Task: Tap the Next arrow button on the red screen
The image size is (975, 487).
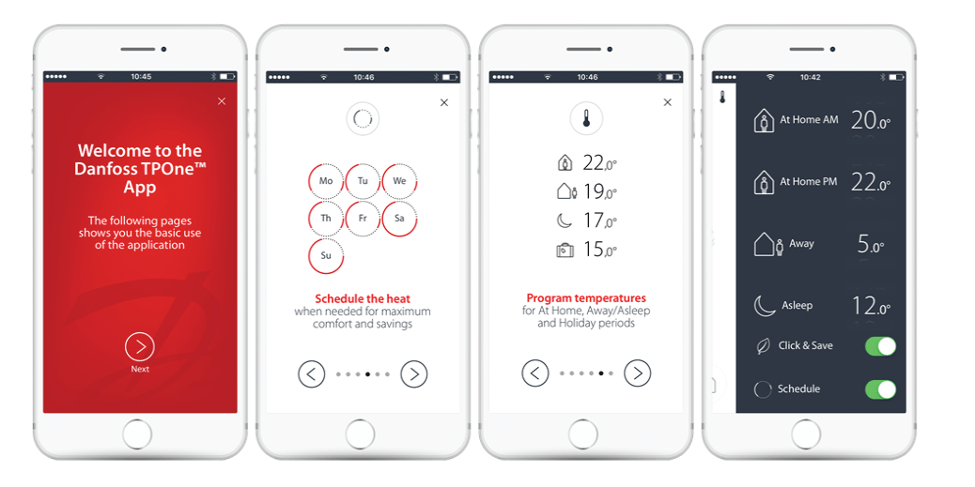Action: click(140, 346)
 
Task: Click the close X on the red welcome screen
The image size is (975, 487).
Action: click(222, 101)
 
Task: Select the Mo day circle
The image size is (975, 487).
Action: click(326, 181)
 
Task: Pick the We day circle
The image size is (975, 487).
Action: click(399, 181)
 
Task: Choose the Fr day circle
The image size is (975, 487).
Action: click(363, 219)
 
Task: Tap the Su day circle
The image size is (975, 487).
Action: click(326, 256)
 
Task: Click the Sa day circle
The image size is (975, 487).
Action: click(399, 219)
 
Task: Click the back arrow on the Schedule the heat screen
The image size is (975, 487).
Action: click(312, 374)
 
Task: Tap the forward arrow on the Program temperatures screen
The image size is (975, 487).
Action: click(638, 373)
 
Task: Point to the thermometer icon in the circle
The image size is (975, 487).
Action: click(586, 117)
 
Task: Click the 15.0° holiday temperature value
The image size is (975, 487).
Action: click(599, 250)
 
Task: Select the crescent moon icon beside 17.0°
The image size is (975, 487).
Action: click(564, 221)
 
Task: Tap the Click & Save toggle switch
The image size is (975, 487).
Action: click(880, 346)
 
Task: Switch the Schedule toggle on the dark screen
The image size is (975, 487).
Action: click(880, 389)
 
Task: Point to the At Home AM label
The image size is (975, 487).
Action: click(809, 120)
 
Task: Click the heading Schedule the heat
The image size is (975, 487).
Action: click(363, 298)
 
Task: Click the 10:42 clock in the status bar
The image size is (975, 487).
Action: click(811, 78)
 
